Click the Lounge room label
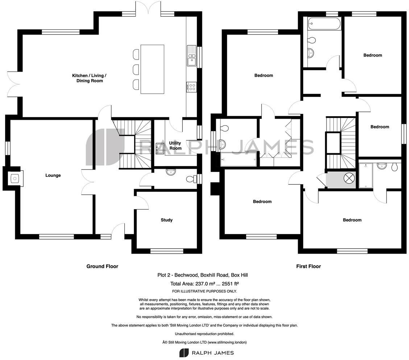[53, 175]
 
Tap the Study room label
[166, 220]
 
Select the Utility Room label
[175, 146]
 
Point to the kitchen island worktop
[152, 69]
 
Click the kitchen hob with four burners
[191, 87]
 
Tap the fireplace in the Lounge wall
[15, 178]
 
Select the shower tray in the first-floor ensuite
[365, 176]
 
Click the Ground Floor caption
[102, 266]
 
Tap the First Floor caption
[309, 266]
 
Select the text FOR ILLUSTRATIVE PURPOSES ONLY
[204, 291]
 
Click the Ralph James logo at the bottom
[207, 353]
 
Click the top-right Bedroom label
[373, 55]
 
